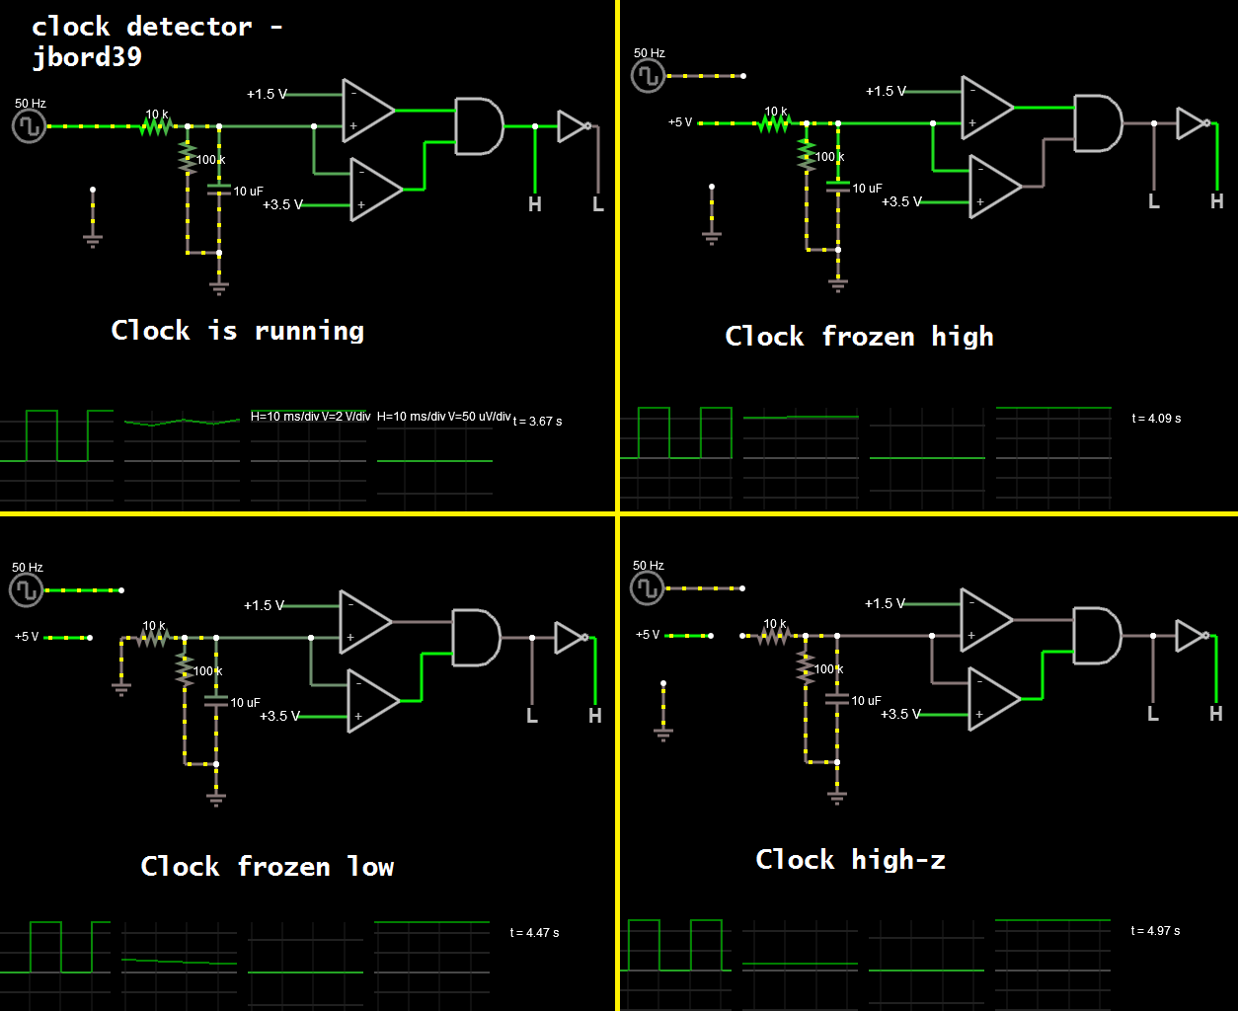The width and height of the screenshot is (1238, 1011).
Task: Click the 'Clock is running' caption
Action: (x=237, y=331)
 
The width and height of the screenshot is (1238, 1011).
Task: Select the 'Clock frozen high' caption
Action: (x=859, y=337)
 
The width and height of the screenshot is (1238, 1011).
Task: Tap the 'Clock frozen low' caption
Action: (x=267, y=867)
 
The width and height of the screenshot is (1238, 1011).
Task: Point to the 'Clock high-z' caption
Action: (x=850, y=860)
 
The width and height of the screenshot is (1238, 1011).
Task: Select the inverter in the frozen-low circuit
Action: (x=571, y=638)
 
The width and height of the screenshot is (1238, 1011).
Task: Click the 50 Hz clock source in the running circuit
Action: (x=29, y=125)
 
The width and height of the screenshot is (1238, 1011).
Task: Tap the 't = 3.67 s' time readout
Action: (x=538, y=422)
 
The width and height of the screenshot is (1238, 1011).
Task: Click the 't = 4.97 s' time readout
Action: (x=1155, y=931)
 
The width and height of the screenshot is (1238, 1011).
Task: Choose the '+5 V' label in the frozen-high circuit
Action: (x=680, y=122)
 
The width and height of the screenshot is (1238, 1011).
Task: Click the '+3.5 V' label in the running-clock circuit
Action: (x=282, y=205)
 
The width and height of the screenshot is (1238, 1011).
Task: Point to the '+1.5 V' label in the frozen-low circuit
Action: (x=264, y=605)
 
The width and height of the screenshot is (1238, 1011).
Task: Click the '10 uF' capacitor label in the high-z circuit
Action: (x=866, y=701)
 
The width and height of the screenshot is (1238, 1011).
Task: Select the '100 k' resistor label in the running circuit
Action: (x=210, y=160)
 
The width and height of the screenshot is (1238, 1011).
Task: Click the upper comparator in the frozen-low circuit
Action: (x=363, y=622)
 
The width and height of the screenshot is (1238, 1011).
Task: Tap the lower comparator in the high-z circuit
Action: (x=992, y=699)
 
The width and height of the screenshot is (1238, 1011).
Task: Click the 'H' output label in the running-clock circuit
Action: (x=535, y=205)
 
